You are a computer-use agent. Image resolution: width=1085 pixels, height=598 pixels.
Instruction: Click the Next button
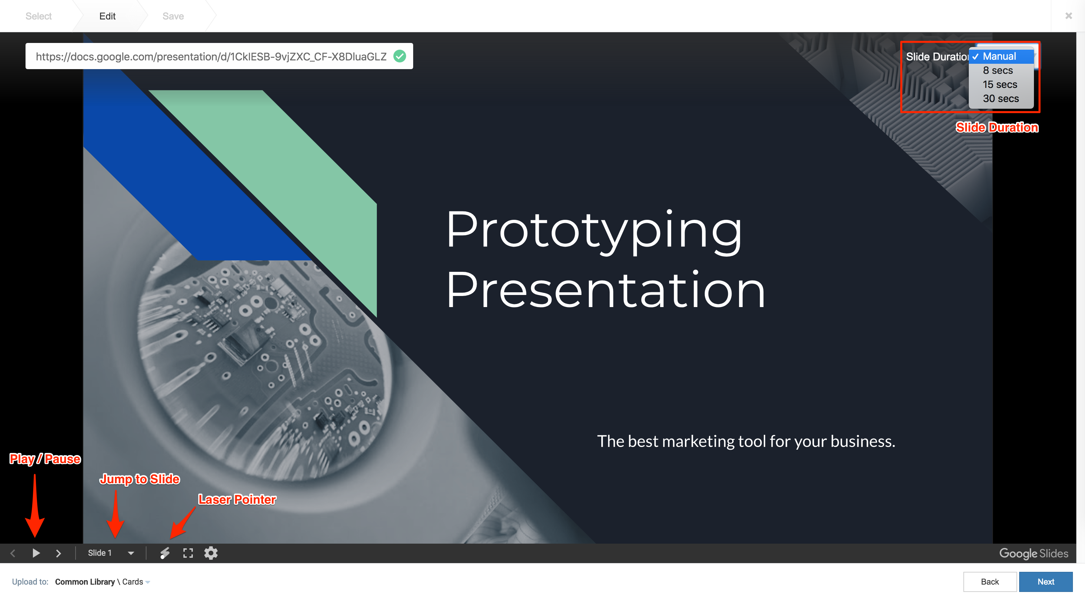(1045, 582)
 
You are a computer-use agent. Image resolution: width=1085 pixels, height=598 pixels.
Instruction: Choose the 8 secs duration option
(997, 70)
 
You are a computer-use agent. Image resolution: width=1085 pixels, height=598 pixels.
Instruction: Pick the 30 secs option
(1000, 98)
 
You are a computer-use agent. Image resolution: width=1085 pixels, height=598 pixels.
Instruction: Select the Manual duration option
(999, 56)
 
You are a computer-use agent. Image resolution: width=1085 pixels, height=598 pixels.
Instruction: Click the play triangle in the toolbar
(36, 553)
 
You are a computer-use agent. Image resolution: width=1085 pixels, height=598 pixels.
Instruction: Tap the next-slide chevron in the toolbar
(58, 553)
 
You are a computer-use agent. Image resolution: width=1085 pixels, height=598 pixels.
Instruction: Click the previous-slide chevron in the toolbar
(13, 553)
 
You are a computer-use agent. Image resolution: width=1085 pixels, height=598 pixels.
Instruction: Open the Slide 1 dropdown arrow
(131, 553)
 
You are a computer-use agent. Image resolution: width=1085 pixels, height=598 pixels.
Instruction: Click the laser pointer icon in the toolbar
(165, 553)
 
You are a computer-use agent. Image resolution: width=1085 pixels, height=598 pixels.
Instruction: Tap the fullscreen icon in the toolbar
(188, 553)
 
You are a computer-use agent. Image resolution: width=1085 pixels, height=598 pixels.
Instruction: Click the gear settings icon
(211, 553)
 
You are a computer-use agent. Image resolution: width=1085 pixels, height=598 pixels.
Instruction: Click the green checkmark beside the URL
(400, 56)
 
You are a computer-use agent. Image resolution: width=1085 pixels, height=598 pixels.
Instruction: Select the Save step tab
(173, 16)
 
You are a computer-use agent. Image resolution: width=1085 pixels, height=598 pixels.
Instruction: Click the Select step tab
(38, 16)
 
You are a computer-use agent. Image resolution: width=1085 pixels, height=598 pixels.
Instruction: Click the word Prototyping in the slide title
(594, 231)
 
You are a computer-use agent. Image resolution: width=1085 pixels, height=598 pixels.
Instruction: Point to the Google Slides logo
(1034, 553)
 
